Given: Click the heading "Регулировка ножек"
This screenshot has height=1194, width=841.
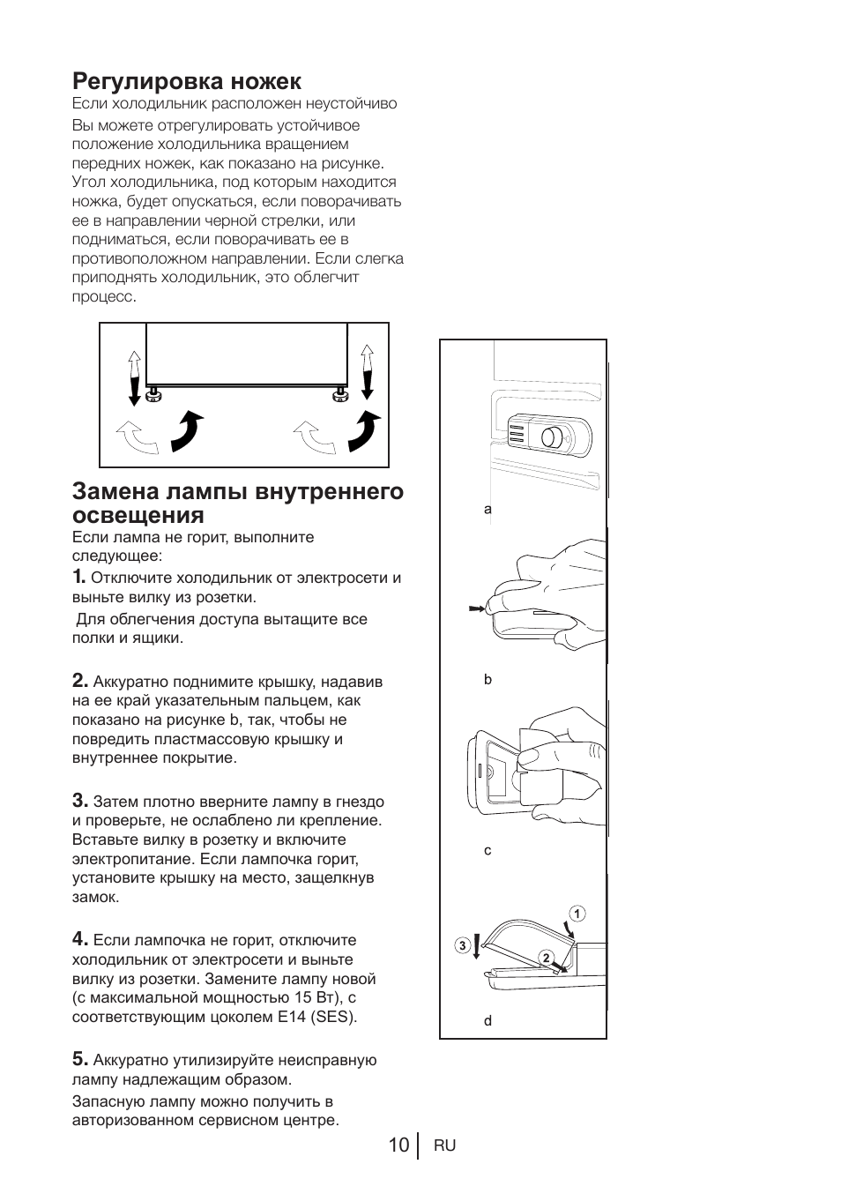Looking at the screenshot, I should [x=186, y=81].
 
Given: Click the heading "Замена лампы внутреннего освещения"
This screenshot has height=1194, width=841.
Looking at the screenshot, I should [x=237, y=503].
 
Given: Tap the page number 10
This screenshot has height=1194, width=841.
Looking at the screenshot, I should [x=398, y=1145].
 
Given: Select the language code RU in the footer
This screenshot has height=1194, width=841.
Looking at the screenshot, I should [x=444, y=1145].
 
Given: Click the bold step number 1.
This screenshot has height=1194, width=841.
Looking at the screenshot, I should [x=78, y=577].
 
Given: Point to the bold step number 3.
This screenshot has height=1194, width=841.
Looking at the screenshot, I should [x=79, y=801].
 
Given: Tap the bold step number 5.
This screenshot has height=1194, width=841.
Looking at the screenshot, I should [x=79, y=1058].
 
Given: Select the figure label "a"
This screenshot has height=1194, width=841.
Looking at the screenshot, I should [x=487, y=509].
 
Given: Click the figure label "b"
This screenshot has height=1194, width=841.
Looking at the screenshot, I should [x=487, y=680].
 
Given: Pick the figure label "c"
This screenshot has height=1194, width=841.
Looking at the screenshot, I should [x=487, y=851].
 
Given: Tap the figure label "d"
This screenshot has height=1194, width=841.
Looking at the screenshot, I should [x=487, y=1021].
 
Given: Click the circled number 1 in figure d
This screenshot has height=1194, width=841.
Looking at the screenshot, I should [x=576, y=914].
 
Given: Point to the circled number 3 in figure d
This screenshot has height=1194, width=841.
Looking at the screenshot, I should [x=461, y=946].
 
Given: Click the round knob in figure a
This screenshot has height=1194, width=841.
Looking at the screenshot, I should [x=551, y=437].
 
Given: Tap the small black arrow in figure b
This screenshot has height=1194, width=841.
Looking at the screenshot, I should [x=476, y=608].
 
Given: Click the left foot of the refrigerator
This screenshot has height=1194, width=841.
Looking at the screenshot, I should [x=153, y=393].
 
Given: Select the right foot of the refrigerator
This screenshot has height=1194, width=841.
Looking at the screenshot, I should [x=339, y=393].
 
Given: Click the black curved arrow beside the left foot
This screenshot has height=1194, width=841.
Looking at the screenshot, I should [x=188, y=429].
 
